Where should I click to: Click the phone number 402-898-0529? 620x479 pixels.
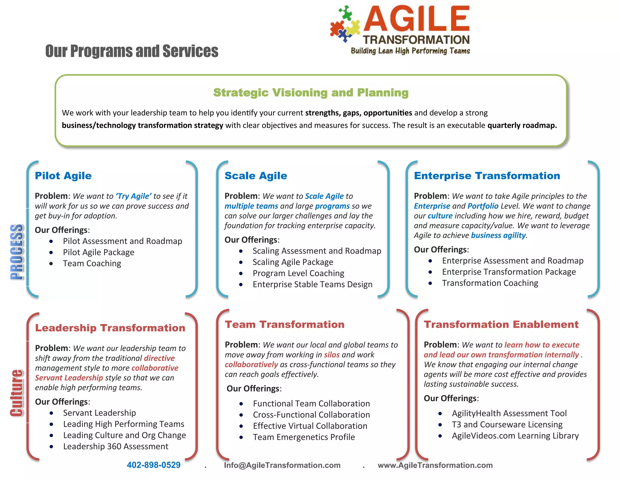[x=153, y=465]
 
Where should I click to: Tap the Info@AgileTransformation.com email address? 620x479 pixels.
[x=282, y=465]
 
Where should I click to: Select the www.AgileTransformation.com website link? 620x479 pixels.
[x=435, y=465]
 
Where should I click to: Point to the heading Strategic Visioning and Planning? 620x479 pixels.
[x=311, y=93]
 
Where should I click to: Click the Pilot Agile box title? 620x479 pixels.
[x=63, y=176]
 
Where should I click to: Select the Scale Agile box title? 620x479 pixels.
[x=256, y=176]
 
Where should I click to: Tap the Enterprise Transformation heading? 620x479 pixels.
[x=487, y=176]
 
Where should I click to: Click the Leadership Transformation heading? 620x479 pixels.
[x=110, y=328]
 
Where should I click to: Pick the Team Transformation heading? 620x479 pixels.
[x=285, y=325]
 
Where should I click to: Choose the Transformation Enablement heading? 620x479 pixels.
[x=501, y=325]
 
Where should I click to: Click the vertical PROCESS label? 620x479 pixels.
[x=17, y=252]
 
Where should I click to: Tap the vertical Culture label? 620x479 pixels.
[x=17, y=393]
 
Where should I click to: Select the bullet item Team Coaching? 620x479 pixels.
[x=92, y=263]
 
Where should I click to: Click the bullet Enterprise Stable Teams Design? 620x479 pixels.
[x=312, y=285]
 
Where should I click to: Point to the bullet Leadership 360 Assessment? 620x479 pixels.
[x=116, y=447]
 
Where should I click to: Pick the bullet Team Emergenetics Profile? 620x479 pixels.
[x=304, y=437]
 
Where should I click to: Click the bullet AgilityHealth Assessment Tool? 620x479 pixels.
[x=509, y=413]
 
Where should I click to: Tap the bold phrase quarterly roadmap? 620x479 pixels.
[x=522, y=125]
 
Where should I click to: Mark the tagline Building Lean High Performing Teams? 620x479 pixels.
[x=410, y=51]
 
